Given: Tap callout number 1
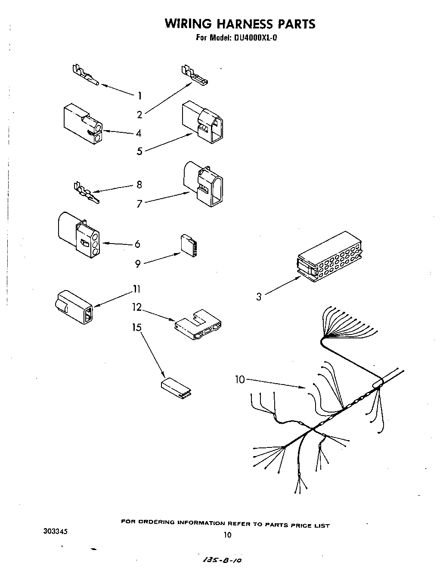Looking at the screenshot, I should click(x=139, y=96).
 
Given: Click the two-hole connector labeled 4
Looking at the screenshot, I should click(x=83, y=124).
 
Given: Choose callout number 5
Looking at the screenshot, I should click(x=139, y=151).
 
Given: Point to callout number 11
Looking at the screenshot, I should click(x=136, y=289).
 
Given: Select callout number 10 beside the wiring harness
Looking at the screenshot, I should click(x=240, y=380).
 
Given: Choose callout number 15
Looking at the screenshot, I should click(x=136, y=328).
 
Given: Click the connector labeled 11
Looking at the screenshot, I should click(x=74, y=306).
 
